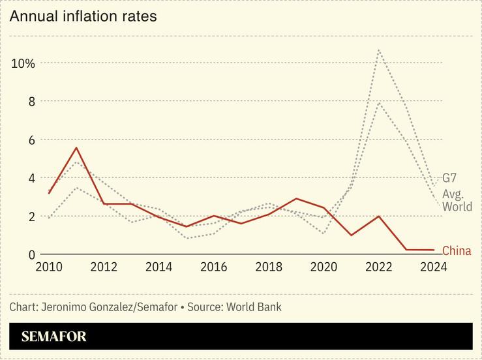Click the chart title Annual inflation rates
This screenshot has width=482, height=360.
coord(83,16)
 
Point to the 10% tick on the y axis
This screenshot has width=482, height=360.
coord(23,63)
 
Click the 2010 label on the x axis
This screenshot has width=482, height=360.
coord(50,267)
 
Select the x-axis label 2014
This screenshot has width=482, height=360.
coord(159,267)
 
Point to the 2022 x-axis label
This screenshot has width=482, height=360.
coord(379,267)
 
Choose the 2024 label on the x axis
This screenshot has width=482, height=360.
coord(433,267)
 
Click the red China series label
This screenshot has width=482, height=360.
coord(457,251)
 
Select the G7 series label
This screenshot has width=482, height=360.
coord(449,177)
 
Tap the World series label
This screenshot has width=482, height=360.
coord(457,207)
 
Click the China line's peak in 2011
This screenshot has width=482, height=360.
coord(77,147)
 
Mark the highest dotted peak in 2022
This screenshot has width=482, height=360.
coord(379,50)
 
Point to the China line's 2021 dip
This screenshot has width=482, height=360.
coord(352,235)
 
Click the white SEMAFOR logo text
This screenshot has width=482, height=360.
coord(53,337)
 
